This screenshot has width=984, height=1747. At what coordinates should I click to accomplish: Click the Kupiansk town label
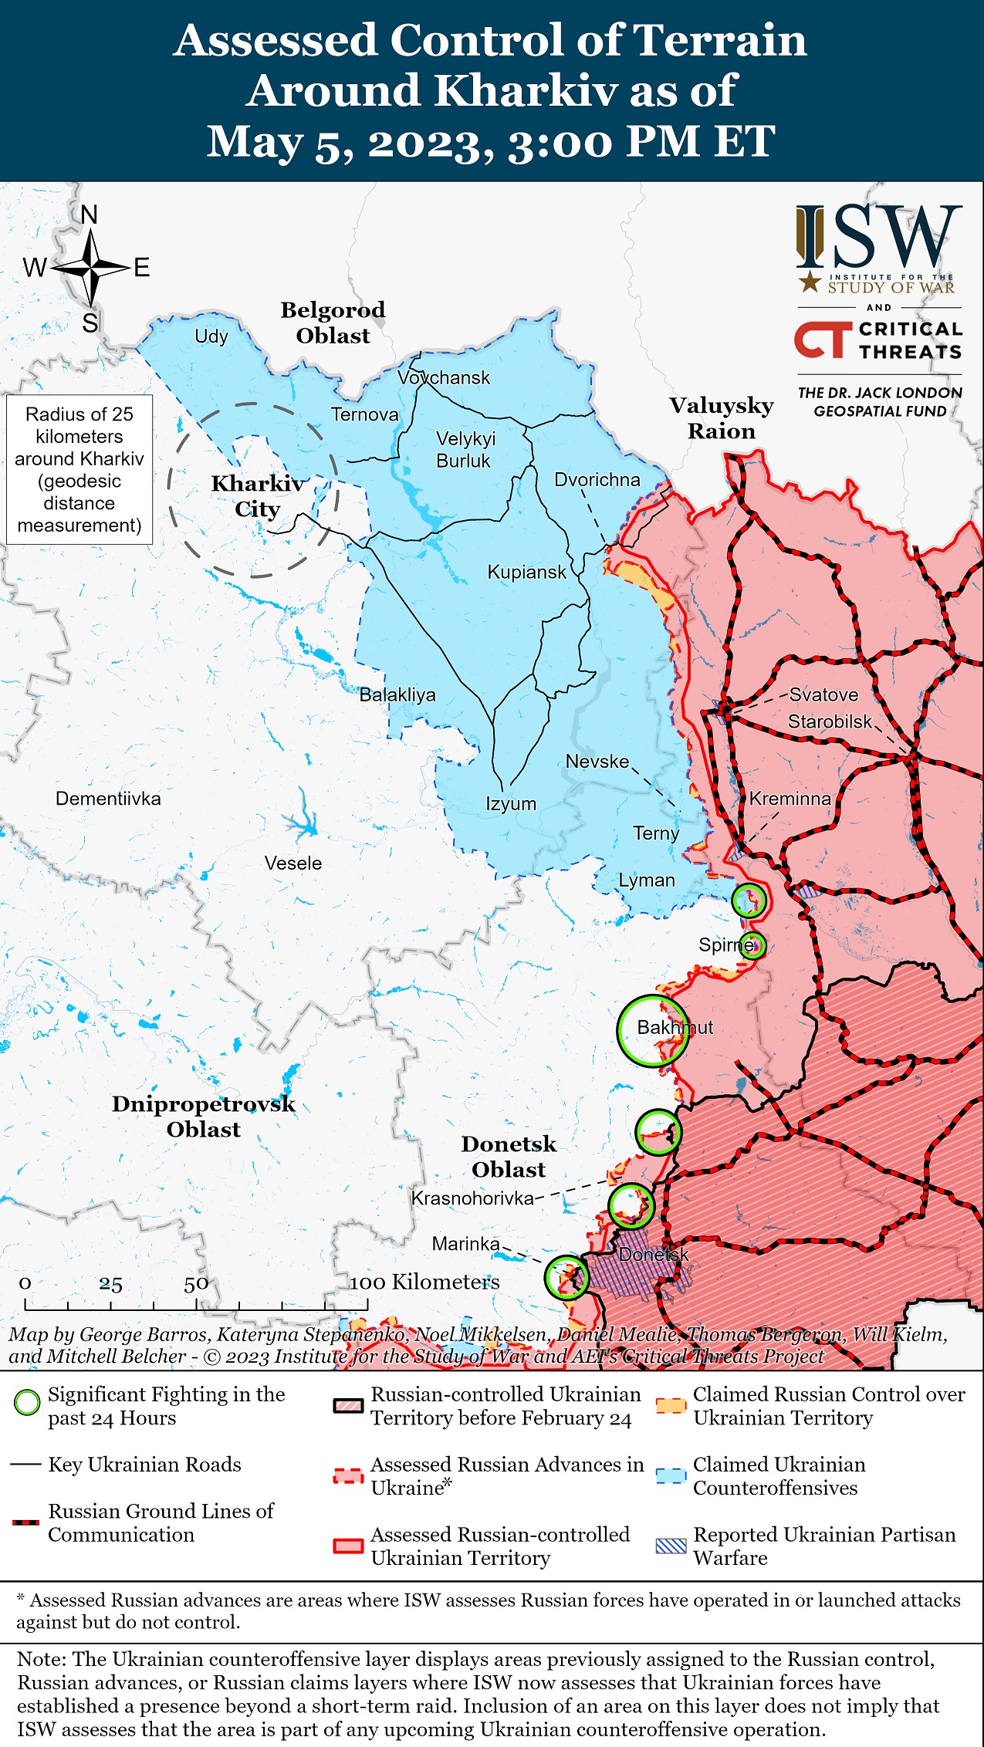click(x=526, y=573)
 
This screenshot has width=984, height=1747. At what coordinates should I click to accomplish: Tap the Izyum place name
click(x=510, y=804)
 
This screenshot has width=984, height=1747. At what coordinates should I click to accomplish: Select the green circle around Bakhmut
click(x=652, y=1031)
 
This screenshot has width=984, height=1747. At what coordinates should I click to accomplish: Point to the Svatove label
click(x=823, y=694)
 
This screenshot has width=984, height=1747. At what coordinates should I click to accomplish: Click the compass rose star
click(x=90, y=268)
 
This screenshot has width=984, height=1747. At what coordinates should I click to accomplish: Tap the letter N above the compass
click(x=90, y=215)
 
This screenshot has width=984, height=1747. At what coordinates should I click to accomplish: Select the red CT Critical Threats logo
click(x=822, y=340)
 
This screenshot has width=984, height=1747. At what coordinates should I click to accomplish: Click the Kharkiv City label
click(x=257, y=496)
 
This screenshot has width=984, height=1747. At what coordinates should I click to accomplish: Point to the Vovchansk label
click(x=444, y=378)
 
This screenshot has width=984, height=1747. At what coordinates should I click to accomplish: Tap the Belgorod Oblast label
click(x=333, y=323)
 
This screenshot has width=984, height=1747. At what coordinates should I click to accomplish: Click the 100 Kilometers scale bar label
click(x=424, y=1282)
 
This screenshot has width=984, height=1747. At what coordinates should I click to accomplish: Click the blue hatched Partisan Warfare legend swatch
click(x=670, y=1546)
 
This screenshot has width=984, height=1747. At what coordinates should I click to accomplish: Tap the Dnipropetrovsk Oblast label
click(x=204, y=1117)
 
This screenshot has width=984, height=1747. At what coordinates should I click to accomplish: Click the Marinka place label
click(x=465, y=1244)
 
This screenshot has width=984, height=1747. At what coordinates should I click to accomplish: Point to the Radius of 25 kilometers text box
click(x=79, y=469)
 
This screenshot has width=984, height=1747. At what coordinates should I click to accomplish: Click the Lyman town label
click(x=646, y=880)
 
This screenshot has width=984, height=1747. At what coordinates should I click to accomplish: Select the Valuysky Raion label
click(x=721, y=418)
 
